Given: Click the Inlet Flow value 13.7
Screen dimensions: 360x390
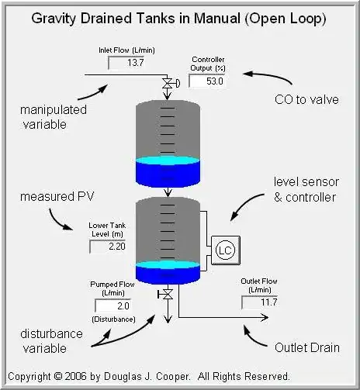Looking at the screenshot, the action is (x=135, y=63).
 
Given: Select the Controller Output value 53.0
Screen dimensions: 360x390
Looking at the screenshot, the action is (x=214, y=81).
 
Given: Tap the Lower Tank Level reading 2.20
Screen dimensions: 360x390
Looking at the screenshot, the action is (x=117, y=247).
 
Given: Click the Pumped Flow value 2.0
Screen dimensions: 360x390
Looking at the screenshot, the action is (x=123, y=306).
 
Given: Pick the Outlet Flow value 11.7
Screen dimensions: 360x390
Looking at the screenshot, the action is (x=269, y=302).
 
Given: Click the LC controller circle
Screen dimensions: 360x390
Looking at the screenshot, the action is (x=225, y=250).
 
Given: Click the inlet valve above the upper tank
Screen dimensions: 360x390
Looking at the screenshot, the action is (x=168, y=84).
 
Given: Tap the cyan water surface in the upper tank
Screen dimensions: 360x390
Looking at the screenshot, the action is (x=168, y=160).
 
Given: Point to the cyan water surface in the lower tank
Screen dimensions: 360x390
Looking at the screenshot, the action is (x=168, y=265).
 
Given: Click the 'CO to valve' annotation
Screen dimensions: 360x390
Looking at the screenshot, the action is (x=306, y=99).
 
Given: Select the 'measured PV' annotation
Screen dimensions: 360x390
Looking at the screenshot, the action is (x=57, y=196).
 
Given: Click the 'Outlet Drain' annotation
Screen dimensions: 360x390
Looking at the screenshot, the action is (x=307, y=347).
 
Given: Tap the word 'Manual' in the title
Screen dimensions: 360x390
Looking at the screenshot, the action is (x=217, y=19).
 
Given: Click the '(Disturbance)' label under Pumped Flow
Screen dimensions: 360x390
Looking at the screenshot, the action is (x=113, y=319).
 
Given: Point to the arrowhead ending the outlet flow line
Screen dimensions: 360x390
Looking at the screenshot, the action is (x=265, y=317).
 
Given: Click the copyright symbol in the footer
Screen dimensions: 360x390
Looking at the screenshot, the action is (x=58, y=376).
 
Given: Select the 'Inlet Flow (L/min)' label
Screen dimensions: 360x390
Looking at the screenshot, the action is (x=126, y=50).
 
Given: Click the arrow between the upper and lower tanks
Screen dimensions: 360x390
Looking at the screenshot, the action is (x=168, y=192).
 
